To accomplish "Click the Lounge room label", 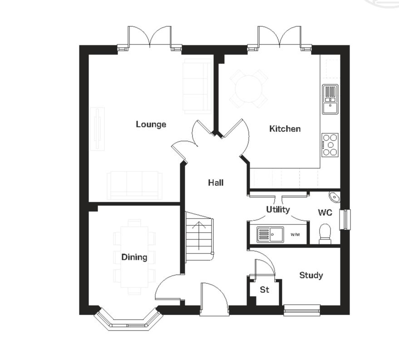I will coord(151,124).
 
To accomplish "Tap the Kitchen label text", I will coord(285,129).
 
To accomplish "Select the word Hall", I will coord(216,183).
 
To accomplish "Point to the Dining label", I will coord(134,257).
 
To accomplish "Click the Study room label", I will coord(311,275).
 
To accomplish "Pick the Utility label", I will coord(278,209).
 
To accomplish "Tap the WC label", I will coord(325,213).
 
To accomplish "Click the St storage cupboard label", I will coord(264,289).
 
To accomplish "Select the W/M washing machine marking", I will coord(296,235).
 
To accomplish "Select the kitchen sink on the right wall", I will coord(330,99).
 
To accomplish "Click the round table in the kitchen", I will coord(248,88).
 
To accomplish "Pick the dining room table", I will coord(134,257).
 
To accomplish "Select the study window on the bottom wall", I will coord(302,311).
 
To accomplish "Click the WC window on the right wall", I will coord(345,219).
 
